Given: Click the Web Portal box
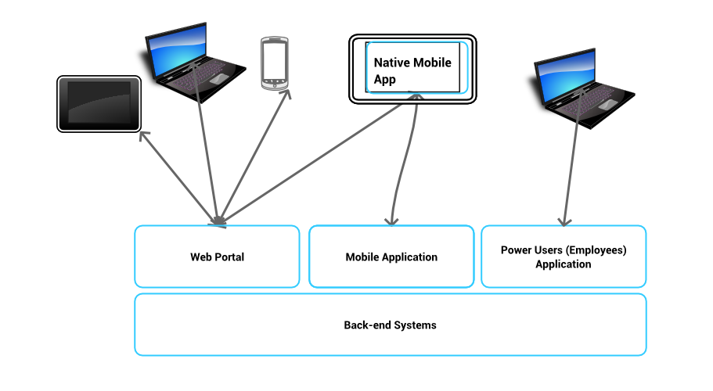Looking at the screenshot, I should coord(217,256).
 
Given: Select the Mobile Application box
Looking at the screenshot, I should coord(391,256).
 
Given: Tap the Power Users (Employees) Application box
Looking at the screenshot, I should coord(564,256).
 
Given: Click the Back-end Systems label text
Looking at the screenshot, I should coord(390,325).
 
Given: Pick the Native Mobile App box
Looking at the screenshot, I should coord(412,69).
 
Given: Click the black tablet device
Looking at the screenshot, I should coord(99,103).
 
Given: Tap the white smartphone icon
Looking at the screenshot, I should coord(274,63).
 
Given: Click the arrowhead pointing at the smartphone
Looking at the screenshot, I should coord(286,94).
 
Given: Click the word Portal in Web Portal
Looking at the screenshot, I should coord(229,256).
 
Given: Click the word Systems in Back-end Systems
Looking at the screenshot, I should coord(415,325).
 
